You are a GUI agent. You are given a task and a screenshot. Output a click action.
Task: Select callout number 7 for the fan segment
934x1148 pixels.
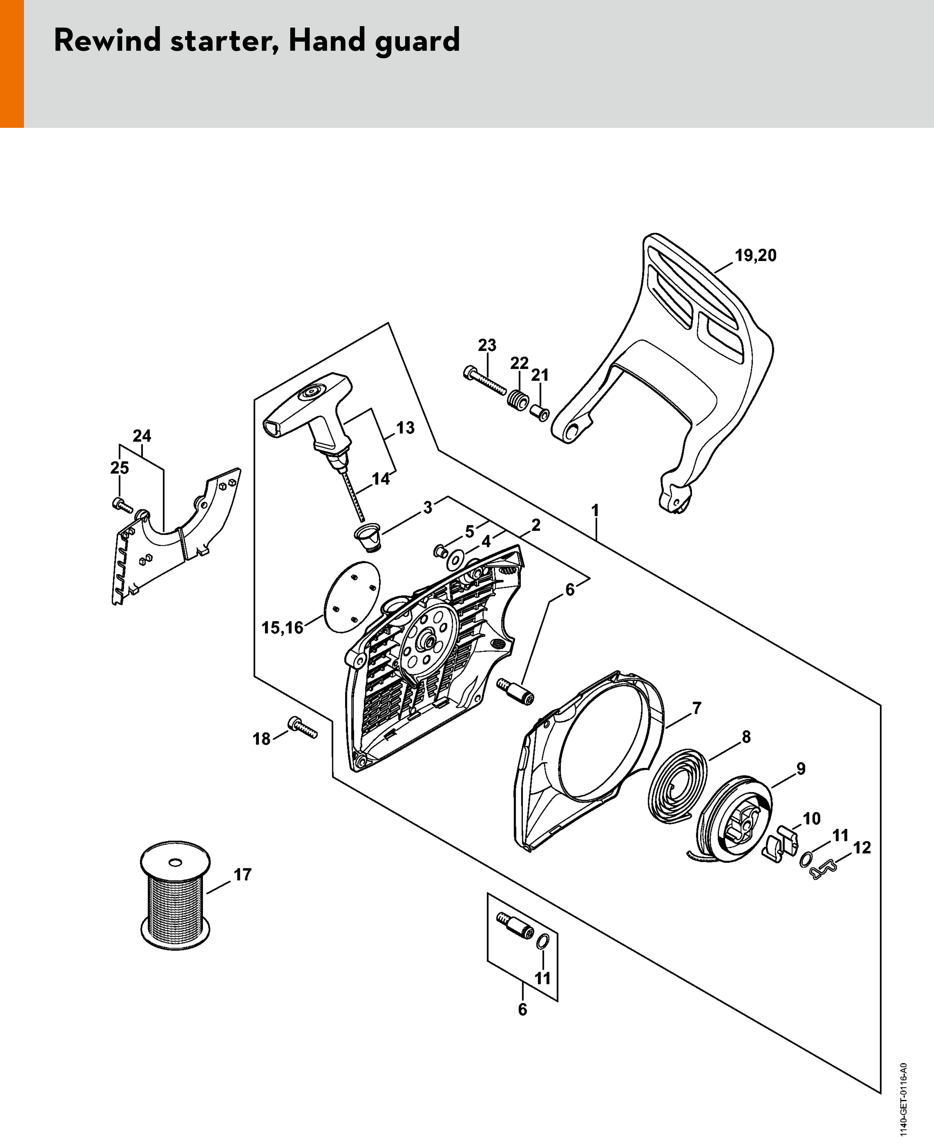pos(697,708)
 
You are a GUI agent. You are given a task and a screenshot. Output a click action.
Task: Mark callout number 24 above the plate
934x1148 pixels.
pos(142,435)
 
